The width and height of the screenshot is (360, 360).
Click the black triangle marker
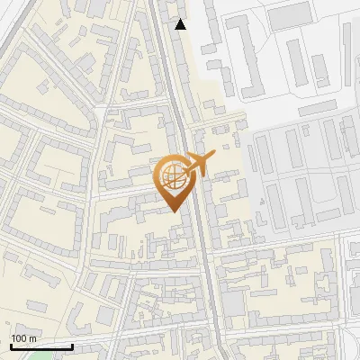click(181, 24)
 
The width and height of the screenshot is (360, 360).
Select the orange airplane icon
click(198, 165)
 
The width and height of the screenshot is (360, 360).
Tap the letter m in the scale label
click(33, 338)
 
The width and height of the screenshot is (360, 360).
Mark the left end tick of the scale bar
click(11, 346)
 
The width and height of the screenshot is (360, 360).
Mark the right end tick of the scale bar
click(72, 346)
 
